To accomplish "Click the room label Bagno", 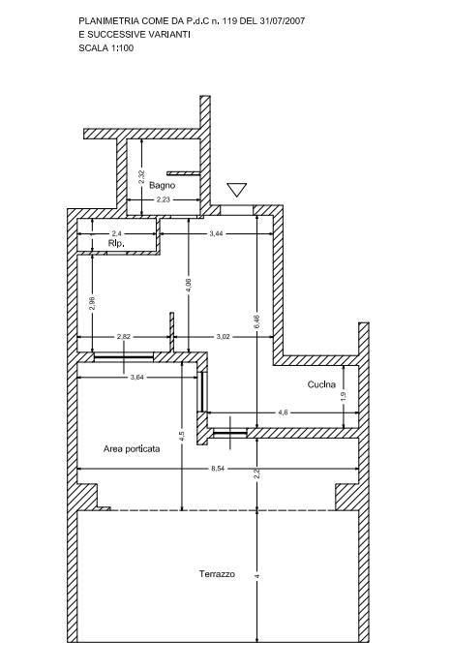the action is click(163, 185).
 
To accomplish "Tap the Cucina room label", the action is click(321, 384).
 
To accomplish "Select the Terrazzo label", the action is click(217, 574).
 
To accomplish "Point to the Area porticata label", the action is click(132, 449).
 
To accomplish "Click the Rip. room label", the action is click(116, 243).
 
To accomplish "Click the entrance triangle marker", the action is click(236, 190).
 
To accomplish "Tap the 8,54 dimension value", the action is click(218, 469).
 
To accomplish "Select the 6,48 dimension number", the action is click(256, 321).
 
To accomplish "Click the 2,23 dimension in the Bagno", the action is click(163, 199).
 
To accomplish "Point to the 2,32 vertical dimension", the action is click(141, 177).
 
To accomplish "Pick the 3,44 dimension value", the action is click(217, 233).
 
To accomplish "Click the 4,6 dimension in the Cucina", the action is click(283, 412).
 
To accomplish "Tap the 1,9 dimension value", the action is click(344, 397).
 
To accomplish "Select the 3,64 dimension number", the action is click(136, 377).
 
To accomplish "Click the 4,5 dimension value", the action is click(182, 437).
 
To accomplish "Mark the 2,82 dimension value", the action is click(124, 337).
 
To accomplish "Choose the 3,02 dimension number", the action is click(223, 337).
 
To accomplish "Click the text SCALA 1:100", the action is click(106, 48).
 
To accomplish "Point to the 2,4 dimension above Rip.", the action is click(116, 233).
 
